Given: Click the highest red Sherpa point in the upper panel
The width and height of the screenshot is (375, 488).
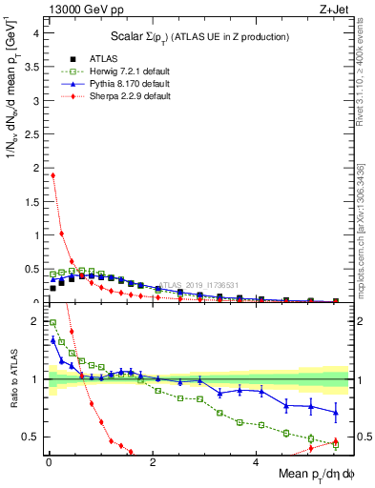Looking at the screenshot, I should [52, 175].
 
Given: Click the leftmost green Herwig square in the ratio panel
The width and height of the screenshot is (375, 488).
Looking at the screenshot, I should [52, 322].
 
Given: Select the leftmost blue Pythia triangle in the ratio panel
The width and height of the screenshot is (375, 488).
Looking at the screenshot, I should [52, 339].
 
